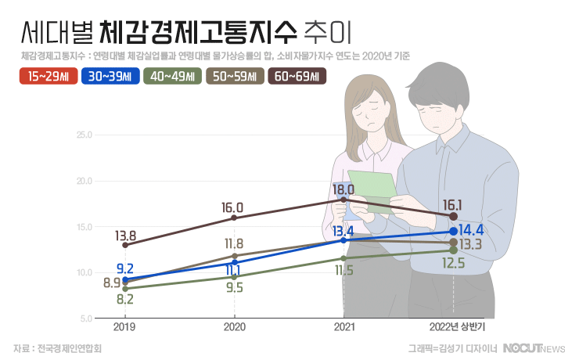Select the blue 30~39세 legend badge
(110, 76)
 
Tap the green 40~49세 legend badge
(172, 76)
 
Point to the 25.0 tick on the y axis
(84, 135)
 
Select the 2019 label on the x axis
(125, 326)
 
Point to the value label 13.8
(126, 236)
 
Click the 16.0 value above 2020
(233, 207)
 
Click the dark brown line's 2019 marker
(125, 245)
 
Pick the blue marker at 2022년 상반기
(453, 232)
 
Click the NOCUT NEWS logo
(533, 347)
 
